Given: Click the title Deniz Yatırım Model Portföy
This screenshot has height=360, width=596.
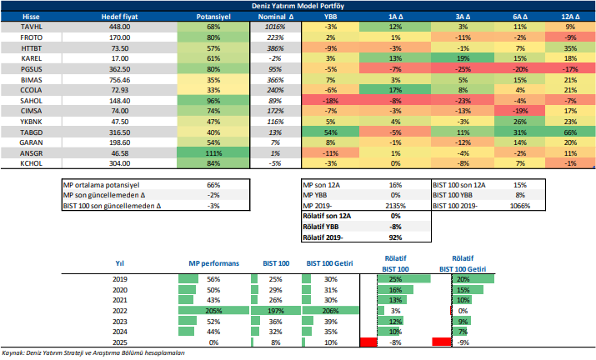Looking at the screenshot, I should click(x=298, y=6).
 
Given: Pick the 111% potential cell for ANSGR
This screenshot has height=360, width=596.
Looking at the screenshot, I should click(x=213, y=154).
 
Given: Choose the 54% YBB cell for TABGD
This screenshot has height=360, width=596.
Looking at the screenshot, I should click(x=331, y=132).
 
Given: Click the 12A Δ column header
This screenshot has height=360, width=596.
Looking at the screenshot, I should click(x=570, y=16).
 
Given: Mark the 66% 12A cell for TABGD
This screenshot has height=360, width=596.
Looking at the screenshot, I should click(x=570, y=132).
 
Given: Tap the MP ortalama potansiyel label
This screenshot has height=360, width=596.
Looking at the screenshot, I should click(x=103, y=183).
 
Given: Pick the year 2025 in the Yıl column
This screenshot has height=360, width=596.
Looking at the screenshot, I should click(x=119, y=342).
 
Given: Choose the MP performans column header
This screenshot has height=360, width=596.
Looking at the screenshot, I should click(x=214, y=263).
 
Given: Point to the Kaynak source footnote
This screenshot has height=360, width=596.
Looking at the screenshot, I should click(x=93, y=354).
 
